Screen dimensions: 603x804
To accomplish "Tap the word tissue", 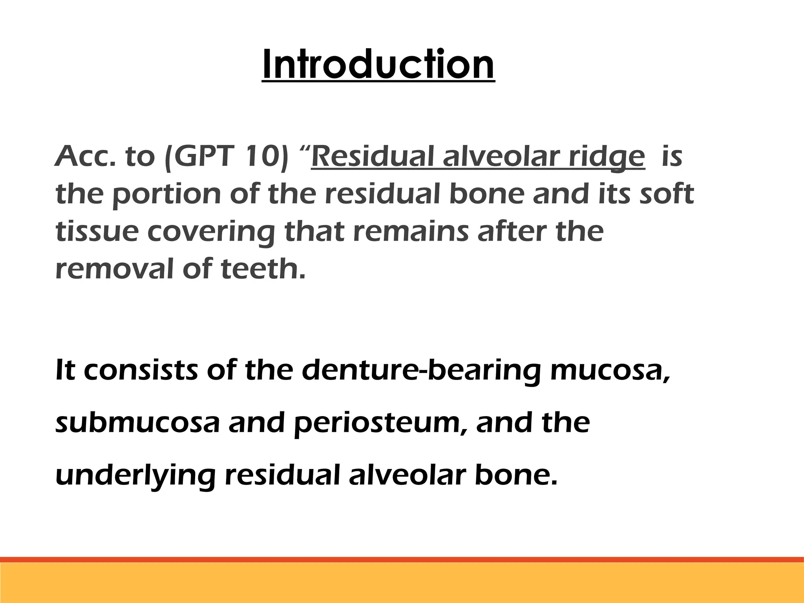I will click(x=97, y=232).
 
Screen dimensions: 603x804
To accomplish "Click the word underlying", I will click(x=135, y=476).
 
